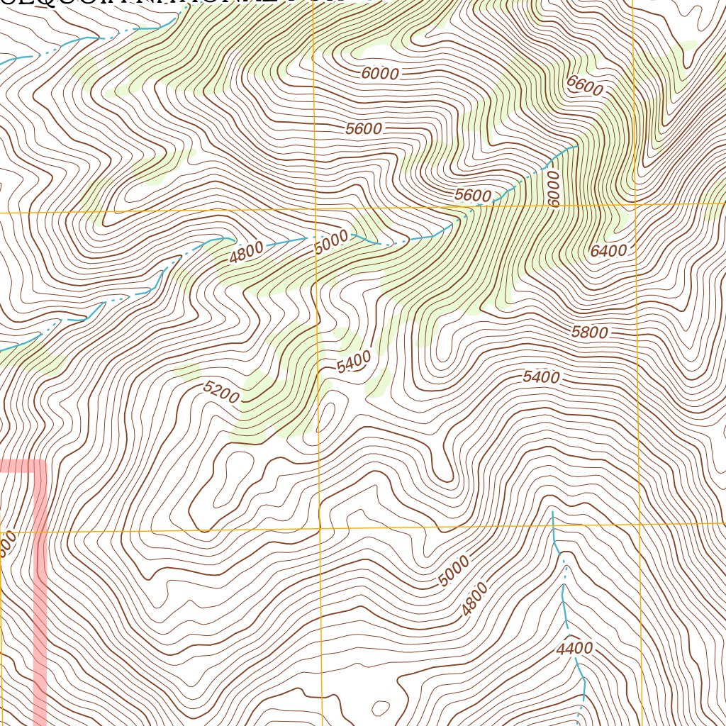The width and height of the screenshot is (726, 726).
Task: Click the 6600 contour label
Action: [585, 86]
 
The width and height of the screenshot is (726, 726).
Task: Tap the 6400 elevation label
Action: [608, 250]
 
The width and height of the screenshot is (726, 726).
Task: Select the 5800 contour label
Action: [589, 332]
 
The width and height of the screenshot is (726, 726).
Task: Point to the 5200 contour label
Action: [220, 392]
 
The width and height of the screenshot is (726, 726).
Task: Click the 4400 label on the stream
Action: [574, 648]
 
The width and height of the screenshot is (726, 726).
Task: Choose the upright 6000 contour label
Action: [380, 73]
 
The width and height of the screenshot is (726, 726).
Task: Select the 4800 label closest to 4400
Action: [474, 600]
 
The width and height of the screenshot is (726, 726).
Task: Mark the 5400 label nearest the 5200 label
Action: [354, 363]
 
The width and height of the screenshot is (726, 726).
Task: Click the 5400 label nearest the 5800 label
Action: [541, 377]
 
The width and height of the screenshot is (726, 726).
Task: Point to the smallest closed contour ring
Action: [381, 708]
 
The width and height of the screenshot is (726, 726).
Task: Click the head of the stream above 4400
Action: [552, 510]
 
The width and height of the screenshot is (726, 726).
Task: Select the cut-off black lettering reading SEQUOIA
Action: [43, 2]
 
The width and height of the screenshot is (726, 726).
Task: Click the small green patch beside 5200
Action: [186, 372]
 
